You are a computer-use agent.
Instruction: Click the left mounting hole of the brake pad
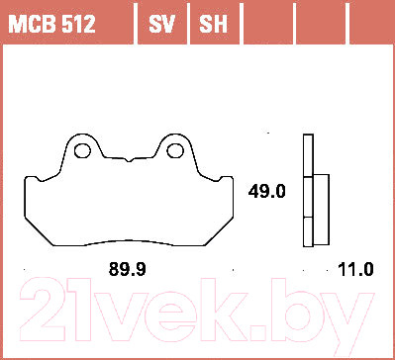point(84,151)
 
